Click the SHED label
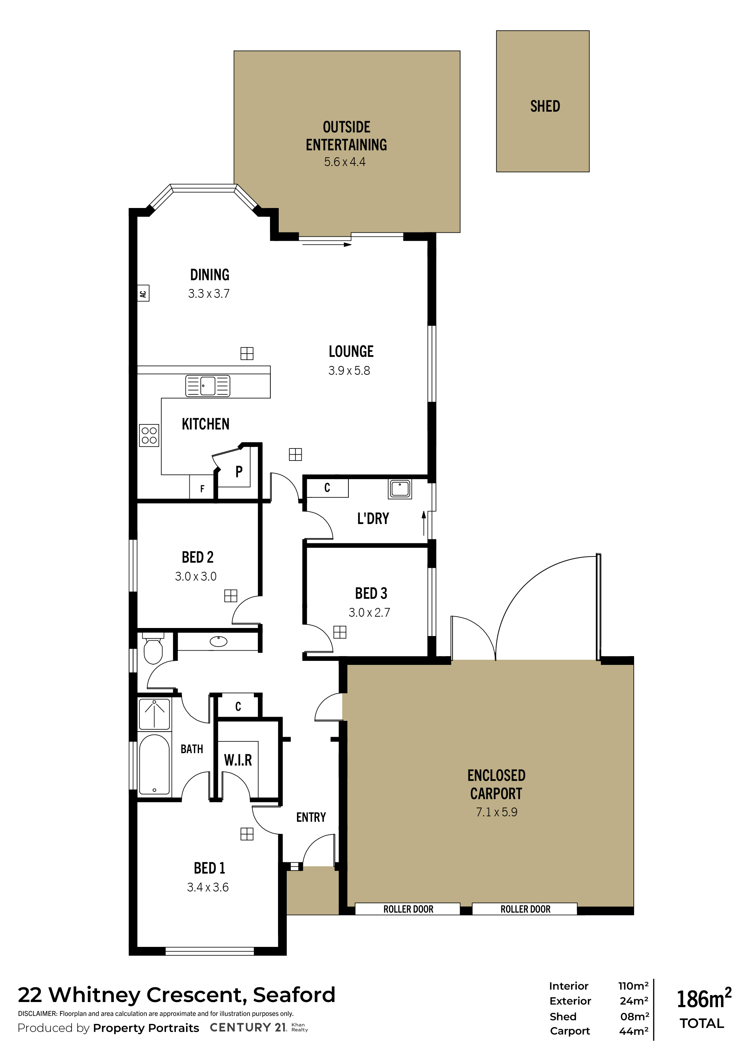click(x=545, y=107)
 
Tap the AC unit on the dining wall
click(x=143, y=293)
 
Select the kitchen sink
click(x=208, y=386)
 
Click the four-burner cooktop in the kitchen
click(x=149, y=435)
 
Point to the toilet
click(x=153, y=648)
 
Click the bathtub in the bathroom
click(x=154, y=764)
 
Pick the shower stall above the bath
click(x=154, y=714)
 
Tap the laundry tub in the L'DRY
click(x=400, y=489)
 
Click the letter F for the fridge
click(x=202, y=489)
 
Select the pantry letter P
click(x=239, y=471)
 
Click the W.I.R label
click(x=238, y=760)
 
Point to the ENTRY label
click(x=311, y=817)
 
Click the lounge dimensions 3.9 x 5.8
click(x=349, y=370)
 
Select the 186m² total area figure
click(x=704, y=999)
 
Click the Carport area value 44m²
click(x=634, y=1031)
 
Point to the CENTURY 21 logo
click(x=248, y=1027)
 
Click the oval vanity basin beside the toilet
click(x=218, y=641)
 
